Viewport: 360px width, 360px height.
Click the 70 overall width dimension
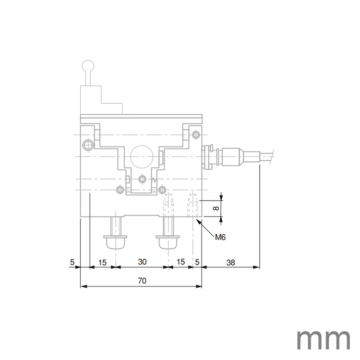[142, 281]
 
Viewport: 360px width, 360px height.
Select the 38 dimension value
[230, 262]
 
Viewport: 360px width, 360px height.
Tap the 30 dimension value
[142, 262]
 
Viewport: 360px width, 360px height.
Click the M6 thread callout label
[221, 236]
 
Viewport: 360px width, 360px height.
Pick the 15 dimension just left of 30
[103, 262]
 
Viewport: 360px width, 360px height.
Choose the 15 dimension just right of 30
[180, 262]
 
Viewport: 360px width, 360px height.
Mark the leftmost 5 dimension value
[72, 262]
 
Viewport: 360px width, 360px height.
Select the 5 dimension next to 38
[197, 262]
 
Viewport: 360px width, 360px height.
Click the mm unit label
[323, 339]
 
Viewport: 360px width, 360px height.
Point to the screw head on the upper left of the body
[86, 145]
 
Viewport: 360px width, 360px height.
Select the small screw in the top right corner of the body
[195, 134]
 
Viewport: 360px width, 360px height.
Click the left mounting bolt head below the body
[116, 241]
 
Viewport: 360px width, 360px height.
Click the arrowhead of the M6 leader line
[199, 221]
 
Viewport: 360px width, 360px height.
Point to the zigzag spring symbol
[154, 180]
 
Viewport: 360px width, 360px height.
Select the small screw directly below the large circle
[142, 179]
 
